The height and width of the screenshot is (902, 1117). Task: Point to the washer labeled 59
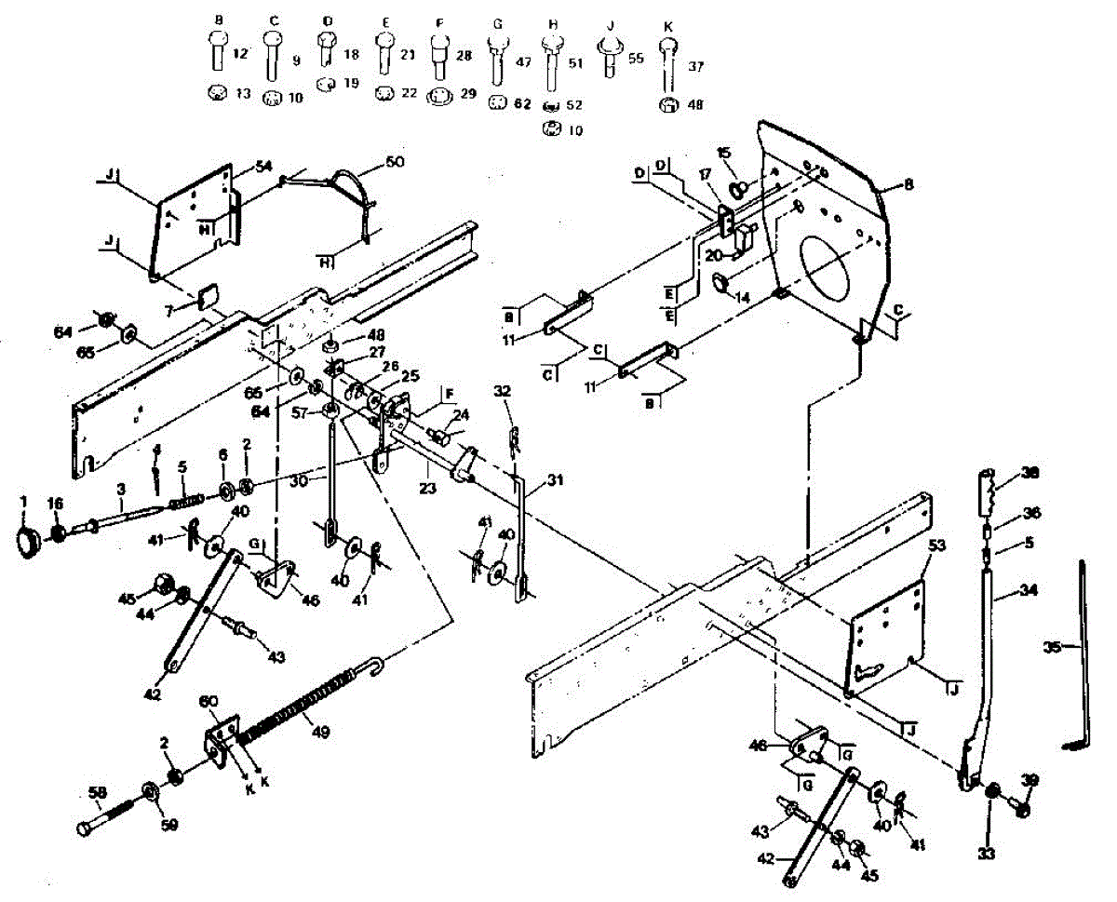tap(149, 794)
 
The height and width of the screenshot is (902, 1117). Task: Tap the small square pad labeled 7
tap(207, 297)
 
